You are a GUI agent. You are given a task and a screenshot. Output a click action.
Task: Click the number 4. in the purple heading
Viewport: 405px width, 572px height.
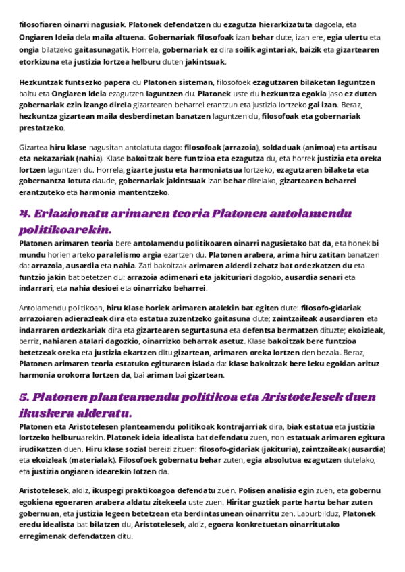[x=25, y=214]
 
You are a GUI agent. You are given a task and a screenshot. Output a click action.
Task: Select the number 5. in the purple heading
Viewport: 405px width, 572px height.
[x=25, y=397]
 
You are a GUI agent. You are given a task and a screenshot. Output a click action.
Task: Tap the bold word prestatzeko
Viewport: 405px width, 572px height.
[x=42, y=127]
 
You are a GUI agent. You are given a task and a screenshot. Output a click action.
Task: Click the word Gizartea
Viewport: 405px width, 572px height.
[x=33, y=146]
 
